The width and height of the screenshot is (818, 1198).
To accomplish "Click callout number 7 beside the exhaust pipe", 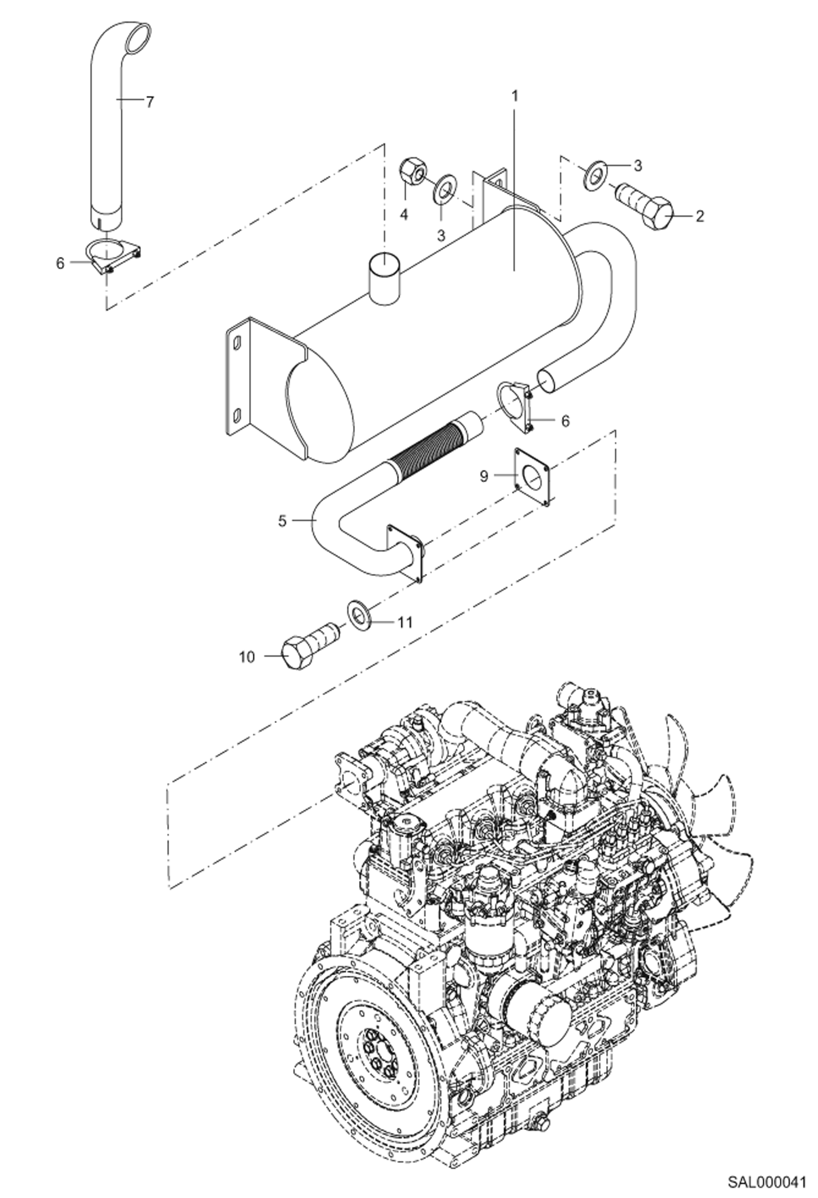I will (150, 102).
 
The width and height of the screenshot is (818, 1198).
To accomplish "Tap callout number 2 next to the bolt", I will (699, 217).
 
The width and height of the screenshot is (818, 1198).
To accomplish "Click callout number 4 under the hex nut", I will (404, 215).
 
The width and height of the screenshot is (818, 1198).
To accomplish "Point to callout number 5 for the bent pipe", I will (282, 521).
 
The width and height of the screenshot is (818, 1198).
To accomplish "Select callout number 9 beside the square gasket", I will (484, 476).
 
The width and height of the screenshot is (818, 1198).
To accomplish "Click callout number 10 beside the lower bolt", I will (247, 657).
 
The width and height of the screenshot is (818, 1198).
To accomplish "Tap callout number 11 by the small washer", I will (404, 622).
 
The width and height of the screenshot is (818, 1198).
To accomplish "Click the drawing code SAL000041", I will (766, 1178).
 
